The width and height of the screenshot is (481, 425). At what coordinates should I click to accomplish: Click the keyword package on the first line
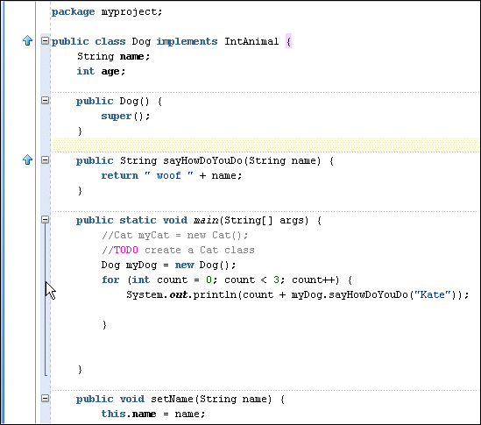(x=73, y=12)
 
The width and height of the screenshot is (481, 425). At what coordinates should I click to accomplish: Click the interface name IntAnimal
(x=251, y=41)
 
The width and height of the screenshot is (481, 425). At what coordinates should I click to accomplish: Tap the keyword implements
(x=187, y=42)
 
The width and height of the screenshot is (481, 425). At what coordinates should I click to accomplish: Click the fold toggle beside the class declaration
(x=45, y=41)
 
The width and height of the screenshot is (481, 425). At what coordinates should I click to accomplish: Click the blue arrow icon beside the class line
(x=28, y=40)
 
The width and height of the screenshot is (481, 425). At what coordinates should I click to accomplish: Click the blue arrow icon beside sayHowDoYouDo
(x=28, y=159)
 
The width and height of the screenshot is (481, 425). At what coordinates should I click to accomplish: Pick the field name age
(x=110, y=72)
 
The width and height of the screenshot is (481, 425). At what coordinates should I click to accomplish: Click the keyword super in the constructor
(x=117, y=117)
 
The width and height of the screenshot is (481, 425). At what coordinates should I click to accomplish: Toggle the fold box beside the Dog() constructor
(x=45, y=101)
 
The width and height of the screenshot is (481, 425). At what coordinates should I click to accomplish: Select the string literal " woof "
(x=169, y=175)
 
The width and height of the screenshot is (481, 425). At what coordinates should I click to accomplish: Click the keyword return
(x=120, y=175)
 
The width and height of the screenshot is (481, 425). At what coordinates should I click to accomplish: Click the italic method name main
(x=206, y=220)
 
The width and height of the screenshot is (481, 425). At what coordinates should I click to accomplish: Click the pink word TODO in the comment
(x=126, y=250)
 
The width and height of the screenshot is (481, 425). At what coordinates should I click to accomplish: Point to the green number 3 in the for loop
(x=276, y=280)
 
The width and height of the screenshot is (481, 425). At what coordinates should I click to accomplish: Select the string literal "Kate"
(x=433, y=295)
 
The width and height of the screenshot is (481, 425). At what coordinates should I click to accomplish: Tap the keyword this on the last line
(x=114, y=414)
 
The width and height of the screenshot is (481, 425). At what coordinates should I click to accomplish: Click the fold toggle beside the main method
(x=45, y=219)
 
